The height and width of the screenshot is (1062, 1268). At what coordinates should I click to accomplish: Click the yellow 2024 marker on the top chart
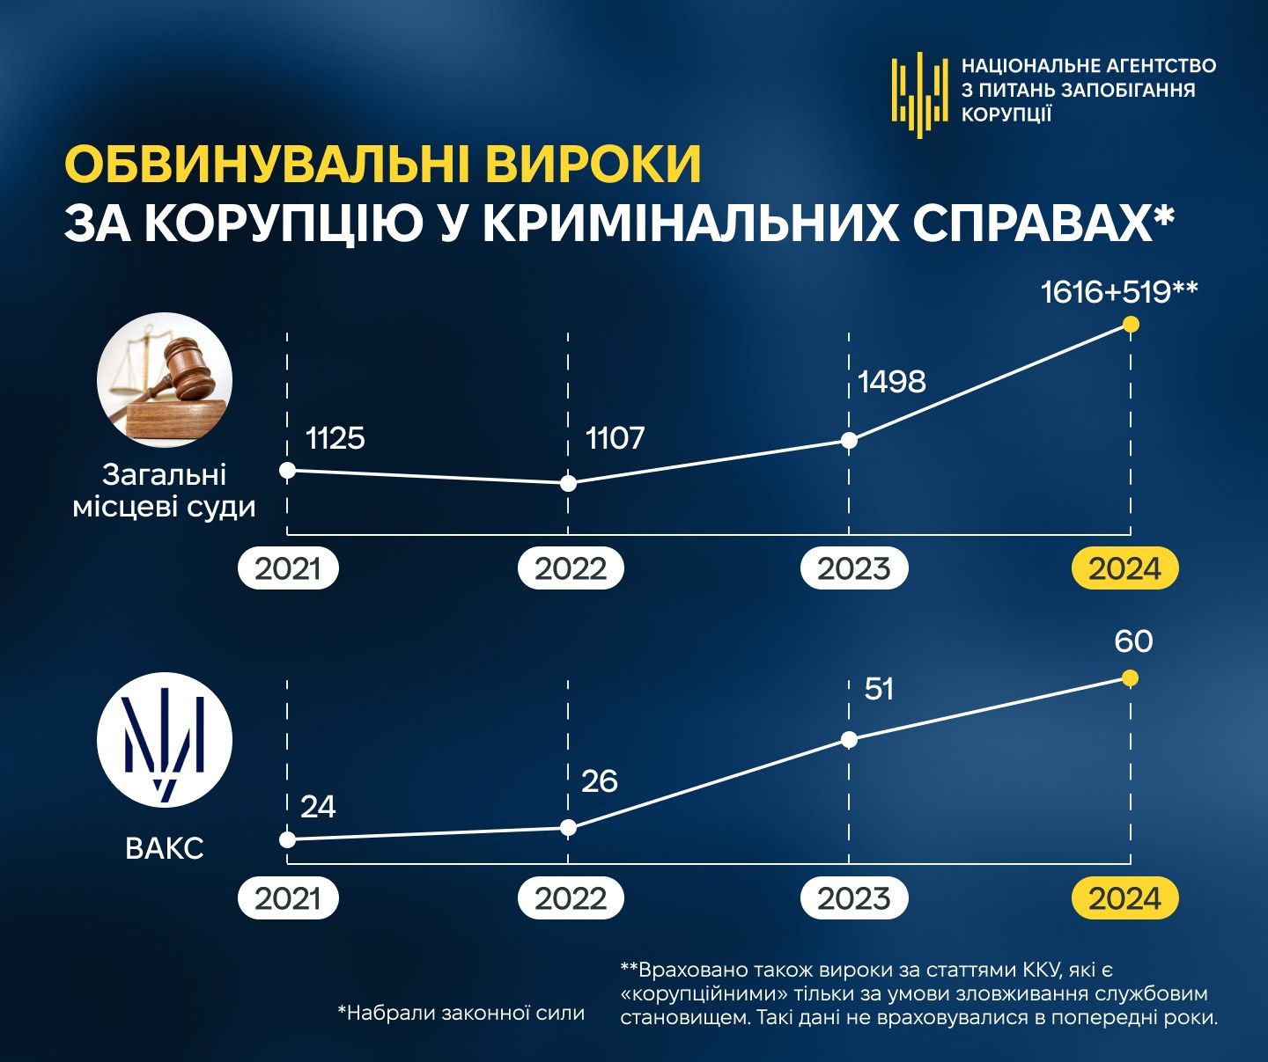tap(1132, 325)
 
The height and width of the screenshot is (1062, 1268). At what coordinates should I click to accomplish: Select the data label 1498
tap(892, 382)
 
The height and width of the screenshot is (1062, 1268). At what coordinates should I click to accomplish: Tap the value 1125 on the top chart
tap(335, 438)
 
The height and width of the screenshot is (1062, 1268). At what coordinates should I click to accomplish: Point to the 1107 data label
tap(616, 438)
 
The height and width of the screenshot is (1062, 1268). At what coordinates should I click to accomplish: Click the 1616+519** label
tap(1118, 292)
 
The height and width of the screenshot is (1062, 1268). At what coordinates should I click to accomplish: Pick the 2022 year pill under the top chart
tap(571, 568)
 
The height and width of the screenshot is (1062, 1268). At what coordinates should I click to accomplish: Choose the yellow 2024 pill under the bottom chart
tap(1124, 898)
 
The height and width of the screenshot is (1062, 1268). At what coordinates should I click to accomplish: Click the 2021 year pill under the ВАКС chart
tap(288, 898)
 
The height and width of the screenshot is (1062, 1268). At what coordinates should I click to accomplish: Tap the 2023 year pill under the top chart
tap(853, 568)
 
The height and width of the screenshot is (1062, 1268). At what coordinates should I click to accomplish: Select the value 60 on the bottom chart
tap(1133, 641)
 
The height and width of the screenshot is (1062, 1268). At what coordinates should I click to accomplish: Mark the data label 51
tap(879, 688)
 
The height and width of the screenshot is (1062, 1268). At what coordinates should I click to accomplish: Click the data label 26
tap(600, 780)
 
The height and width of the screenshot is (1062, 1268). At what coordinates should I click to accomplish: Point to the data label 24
tap(318, 807)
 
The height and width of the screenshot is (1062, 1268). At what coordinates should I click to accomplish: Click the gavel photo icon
tap(165, 380)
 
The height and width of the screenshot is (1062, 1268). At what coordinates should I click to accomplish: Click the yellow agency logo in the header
tap(919, 92)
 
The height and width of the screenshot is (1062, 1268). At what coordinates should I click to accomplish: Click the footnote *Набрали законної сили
tap(461, 1013)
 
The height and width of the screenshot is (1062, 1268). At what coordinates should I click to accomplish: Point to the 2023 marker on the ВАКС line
tap(850, 740)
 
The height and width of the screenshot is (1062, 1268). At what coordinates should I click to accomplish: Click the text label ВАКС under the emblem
tap(165, 848)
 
